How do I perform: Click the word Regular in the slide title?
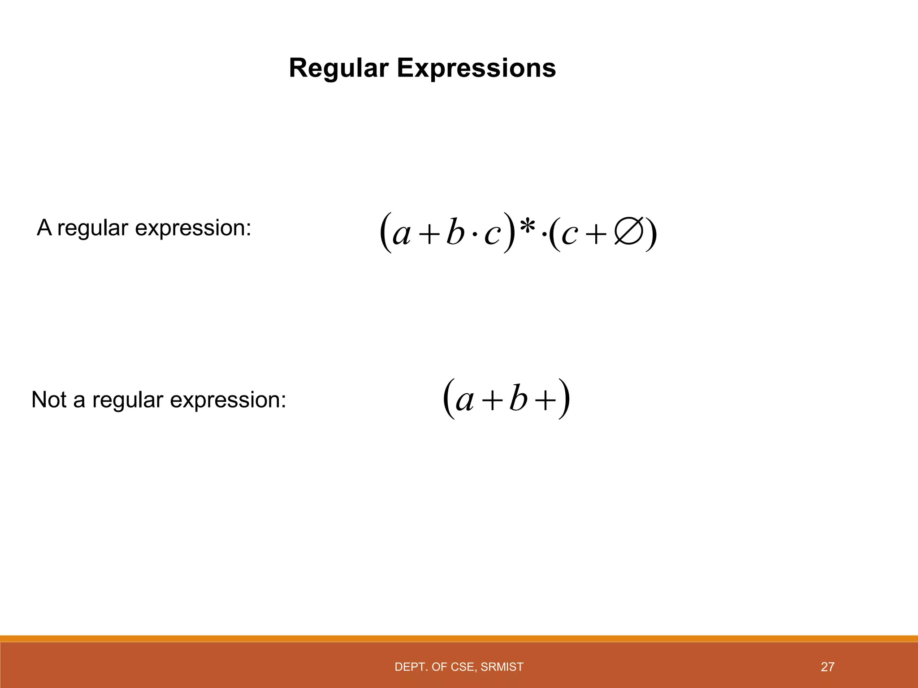coord(338,69)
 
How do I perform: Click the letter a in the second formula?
coord(464,400)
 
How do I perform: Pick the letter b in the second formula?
coord(518,399)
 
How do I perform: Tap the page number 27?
coord(827,667)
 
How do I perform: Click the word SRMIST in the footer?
coord(502,667)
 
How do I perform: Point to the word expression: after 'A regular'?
coord(193,228)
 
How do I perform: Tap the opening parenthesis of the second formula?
coord(449,399)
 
